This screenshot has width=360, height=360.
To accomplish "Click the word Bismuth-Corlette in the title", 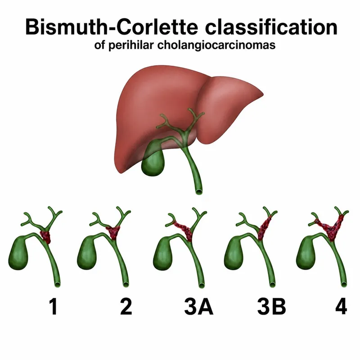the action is (112, 27).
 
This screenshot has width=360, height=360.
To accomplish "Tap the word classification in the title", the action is (271, 27).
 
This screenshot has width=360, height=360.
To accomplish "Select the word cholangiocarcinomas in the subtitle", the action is (216, 45).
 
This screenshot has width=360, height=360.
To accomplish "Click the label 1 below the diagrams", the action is (54, 306).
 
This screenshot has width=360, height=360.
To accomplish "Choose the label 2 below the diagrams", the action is (126, 306).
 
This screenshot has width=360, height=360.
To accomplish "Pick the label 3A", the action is (198, 306).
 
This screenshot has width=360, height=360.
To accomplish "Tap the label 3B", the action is (271, 306).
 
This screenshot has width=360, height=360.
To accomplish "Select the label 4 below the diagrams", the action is (341, 306).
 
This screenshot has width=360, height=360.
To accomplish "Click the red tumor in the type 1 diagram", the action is (45, 237).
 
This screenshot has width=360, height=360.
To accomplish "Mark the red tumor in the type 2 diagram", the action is (113, 232).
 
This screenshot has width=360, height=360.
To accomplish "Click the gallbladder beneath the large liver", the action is (153, 161).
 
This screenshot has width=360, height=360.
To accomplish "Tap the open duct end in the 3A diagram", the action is (202, 285).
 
